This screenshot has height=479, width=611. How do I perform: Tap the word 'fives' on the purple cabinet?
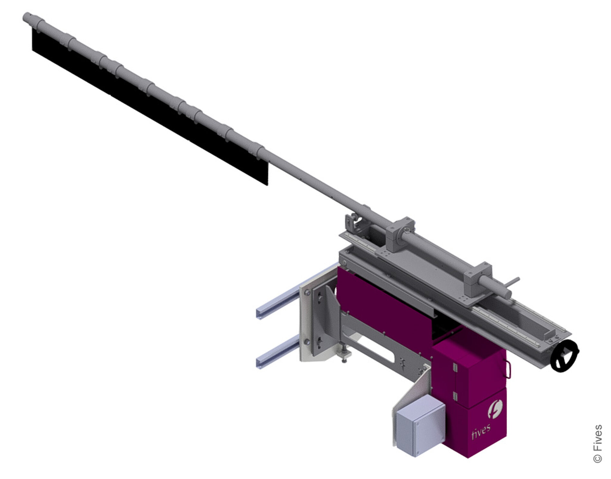pyautogui.click(x=481, y=431)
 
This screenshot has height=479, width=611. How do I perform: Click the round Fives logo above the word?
pyautogui.click(x=495, y=409)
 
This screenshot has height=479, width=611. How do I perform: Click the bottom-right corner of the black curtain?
pyautogui.click(x=267, y=184)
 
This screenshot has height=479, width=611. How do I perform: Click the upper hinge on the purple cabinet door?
pyautogui.click(x=455, y=366)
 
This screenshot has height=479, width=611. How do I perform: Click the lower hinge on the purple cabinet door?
pyautogui.click(x=455, y=396)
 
